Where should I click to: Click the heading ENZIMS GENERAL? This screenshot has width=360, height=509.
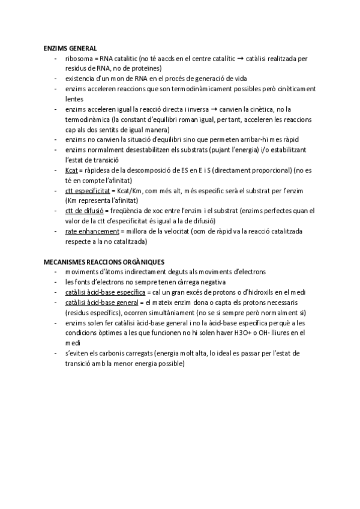[x=70, y=47]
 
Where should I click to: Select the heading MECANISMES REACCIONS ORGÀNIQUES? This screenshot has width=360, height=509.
[x=96, y=262]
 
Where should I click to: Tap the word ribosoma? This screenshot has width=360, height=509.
[x=79, y=58]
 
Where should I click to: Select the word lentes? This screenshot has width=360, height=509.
[x=74, y=98]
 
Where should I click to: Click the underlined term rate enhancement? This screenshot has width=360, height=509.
[x=92, y=231]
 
